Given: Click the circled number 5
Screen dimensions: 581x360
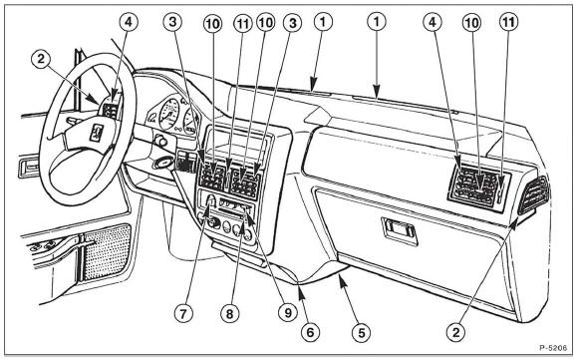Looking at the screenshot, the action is point(362,332).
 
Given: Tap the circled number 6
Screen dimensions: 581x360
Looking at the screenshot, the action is point(310,331).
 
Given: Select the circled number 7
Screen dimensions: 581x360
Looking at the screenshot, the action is point(183,314).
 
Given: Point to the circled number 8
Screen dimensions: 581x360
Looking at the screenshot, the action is point(230,314).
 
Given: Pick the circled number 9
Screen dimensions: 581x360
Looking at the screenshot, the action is point(288,313).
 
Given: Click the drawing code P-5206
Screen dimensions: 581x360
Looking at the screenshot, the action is point(553,348).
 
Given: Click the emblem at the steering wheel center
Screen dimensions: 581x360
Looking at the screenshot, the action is point(96,133).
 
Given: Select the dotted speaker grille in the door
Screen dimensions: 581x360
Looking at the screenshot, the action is point(106,251).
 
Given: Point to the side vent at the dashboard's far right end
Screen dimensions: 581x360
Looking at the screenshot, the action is point(533,195).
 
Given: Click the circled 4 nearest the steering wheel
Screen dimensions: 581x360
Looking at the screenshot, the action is point(129,22).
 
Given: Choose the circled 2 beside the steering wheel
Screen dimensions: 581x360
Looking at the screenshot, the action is point(41,58).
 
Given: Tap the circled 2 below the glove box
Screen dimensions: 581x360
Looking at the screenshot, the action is point(455,331).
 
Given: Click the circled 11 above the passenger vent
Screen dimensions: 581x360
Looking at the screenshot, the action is point(508,22).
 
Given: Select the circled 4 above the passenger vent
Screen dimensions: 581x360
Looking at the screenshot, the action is point(433,22).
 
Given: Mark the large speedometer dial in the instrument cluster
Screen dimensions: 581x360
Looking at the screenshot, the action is point(169,114).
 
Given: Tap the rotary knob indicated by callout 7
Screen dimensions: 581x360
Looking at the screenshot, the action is point(210,201).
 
